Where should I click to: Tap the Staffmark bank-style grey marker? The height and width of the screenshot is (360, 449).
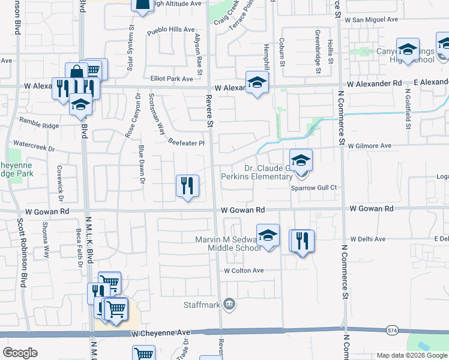(229, 305)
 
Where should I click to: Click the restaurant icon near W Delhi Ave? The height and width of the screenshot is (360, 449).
(302, 241)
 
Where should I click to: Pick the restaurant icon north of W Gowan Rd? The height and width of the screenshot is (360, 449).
(187, 186)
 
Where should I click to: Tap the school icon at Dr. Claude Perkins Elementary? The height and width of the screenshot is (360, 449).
(301, 161)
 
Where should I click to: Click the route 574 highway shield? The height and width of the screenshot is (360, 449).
(393, 330)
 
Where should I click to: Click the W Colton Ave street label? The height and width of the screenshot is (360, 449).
(244, 271)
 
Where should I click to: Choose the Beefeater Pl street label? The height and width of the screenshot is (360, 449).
(186, 143)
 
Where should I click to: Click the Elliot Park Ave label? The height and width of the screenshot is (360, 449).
(172, 79)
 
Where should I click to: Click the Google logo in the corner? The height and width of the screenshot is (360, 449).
(20, 353)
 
